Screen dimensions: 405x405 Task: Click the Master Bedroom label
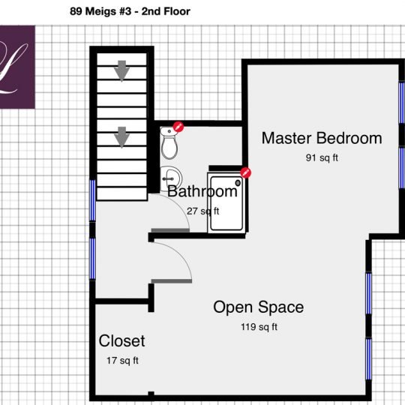click(321, 138)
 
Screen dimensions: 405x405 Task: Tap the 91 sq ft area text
click(321, 158)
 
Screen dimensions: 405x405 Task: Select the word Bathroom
click(202, 191)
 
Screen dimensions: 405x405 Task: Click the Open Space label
click(258, 307)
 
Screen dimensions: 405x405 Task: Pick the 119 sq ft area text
click(258, 327)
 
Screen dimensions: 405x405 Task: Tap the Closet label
click(121, 341)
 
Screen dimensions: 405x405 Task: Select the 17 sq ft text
click(122, 361)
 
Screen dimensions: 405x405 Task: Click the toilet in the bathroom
click(169, 142)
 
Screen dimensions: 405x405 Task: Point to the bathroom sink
click(169, 177)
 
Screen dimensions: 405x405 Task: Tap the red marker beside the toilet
click(178, 127)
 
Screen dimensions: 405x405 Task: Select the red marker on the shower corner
click(245, 173)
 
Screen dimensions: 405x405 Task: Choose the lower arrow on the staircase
click(121, 137)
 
